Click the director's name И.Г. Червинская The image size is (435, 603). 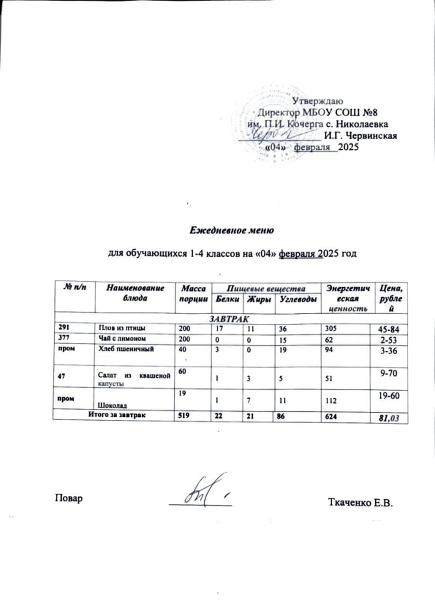coord(360,136)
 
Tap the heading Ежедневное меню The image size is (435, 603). coord(231,231)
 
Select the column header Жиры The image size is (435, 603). coord(259,299)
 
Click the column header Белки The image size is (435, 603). coord(227,299)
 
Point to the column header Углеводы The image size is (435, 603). coord(297,299)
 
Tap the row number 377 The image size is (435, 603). coord(64,338)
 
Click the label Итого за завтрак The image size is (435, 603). coord(117,415)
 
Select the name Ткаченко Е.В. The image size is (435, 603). coord(361,502)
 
